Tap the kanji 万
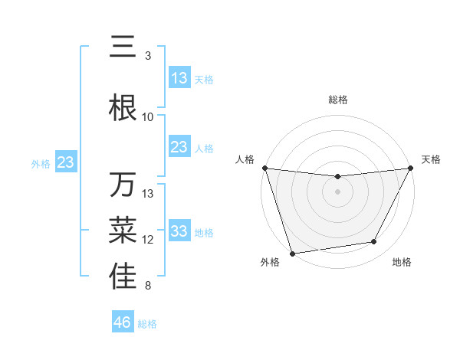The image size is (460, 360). click(123, 185)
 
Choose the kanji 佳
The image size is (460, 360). click(123, 277)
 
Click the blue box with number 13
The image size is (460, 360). click(179, 78)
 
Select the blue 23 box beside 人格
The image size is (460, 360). click(179, 147)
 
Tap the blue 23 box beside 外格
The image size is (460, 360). click(66, 162)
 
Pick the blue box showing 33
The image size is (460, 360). click(179, 231)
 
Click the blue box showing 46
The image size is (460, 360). click(123, 322)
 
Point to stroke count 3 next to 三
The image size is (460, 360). click(148, 56)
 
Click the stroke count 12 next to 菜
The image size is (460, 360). click(148, 240)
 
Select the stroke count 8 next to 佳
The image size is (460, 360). click(148, 286)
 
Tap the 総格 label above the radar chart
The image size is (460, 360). click(337, 100)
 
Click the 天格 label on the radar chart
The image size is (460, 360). click(432, 159)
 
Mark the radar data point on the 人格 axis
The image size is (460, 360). click(265, 168)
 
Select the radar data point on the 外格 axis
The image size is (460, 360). click(292, 252)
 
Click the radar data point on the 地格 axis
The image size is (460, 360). click(374, 242)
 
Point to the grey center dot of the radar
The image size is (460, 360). click(337, 191)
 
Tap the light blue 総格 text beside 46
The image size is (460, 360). click(147, 324)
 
